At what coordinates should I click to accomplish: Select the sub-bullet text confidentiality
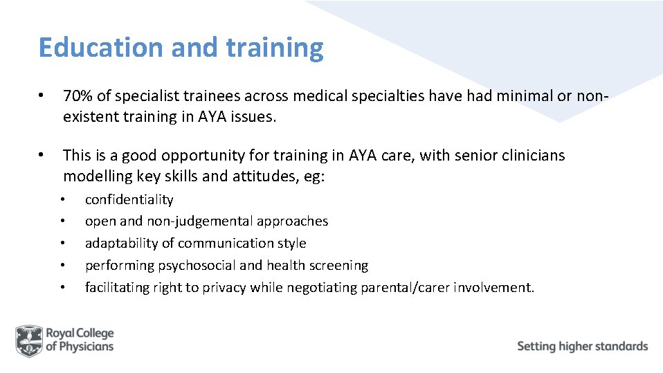(129, 200)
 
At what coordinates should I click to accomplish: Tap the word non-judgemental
(198, 221)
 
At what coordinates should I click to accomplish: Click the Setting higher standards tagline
(582, 346)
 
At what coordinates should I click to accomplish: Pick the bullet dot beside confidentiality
(62, 200)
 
